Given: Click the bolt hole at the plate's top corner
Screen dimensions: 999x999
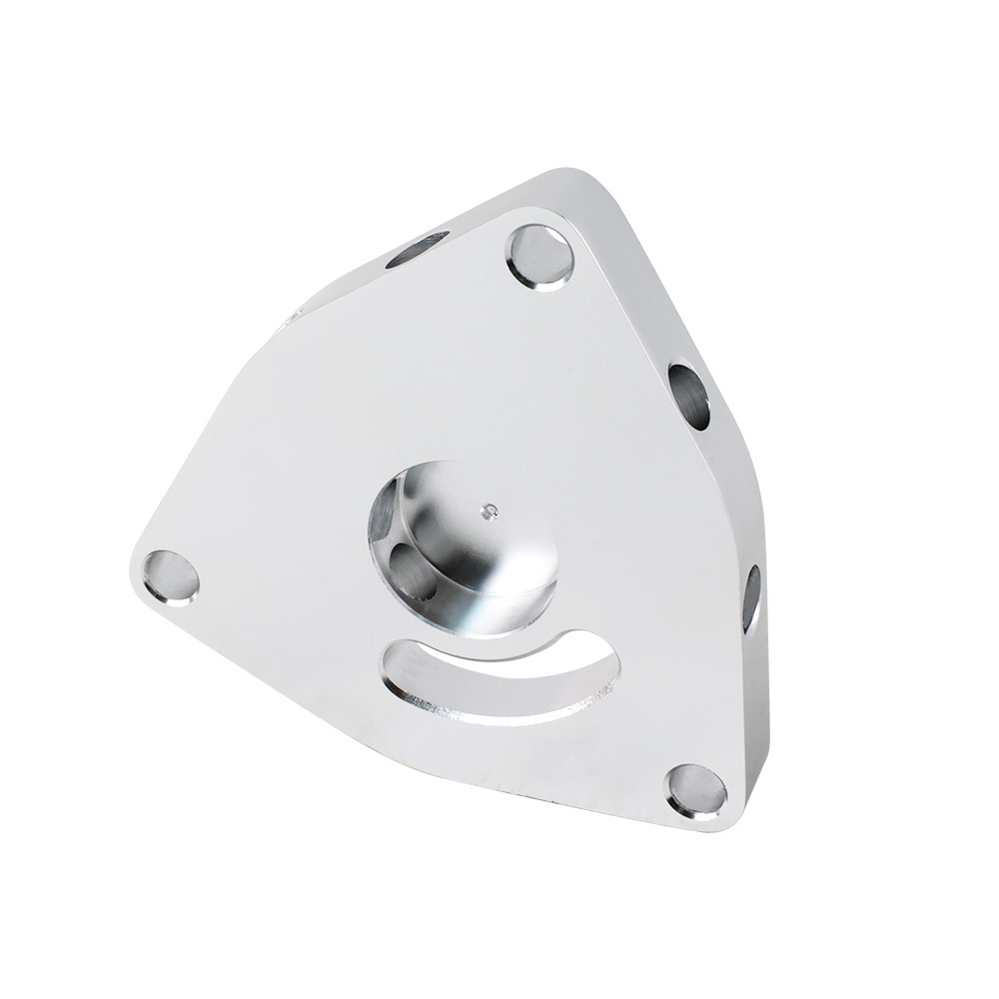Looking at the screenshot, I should pyautogui.click(x=540, y=257).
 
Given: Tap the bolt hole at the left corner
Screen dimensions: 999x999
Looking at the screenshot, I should pyautogui.click(x=171, y=577).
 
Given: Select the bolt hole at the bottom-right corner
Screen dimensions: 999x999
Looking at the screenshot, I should pyautogui.click(x=696, y=790).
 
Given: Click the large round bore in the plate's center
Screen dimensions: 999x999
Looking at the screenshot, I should pyautogui.click(x=462, y=548).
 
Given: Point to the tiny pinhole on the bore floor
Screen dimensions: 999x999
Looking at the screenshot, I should pyautogui.click(x=488, y=512).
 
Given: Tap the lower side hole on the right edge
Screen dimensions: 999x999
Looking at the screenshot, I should pyautogui.click(x=751, y=598).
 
